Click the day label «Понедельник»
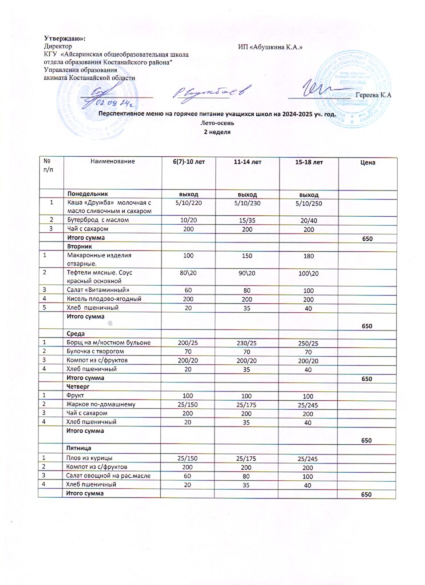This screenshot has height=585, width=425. pos(86,194)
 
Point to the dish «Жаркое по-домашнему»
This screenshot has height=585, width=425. pos(101,404)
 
